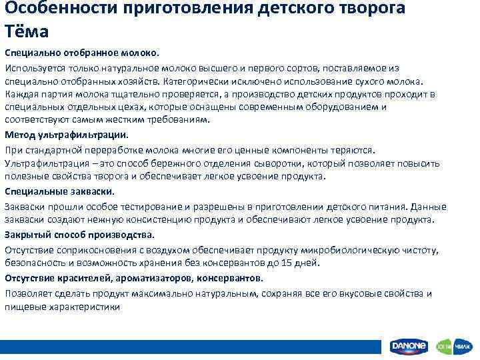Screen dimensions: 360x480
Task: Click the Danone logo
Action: click(x=409, y=347)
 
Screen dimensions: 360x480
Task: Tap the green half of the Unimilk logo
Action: click(x=444, y=347)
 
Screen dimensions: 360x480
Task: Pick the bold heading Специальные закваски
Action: click(x=59, y=191)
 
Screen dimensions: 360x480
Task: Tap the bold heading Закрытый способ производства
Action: click(x=79, y=235)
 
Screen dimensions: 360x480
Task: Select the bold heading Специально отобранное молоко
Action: click(x=83, y=52)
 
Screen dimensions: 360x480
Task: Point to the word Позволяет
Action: click(x=27, y=293)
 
